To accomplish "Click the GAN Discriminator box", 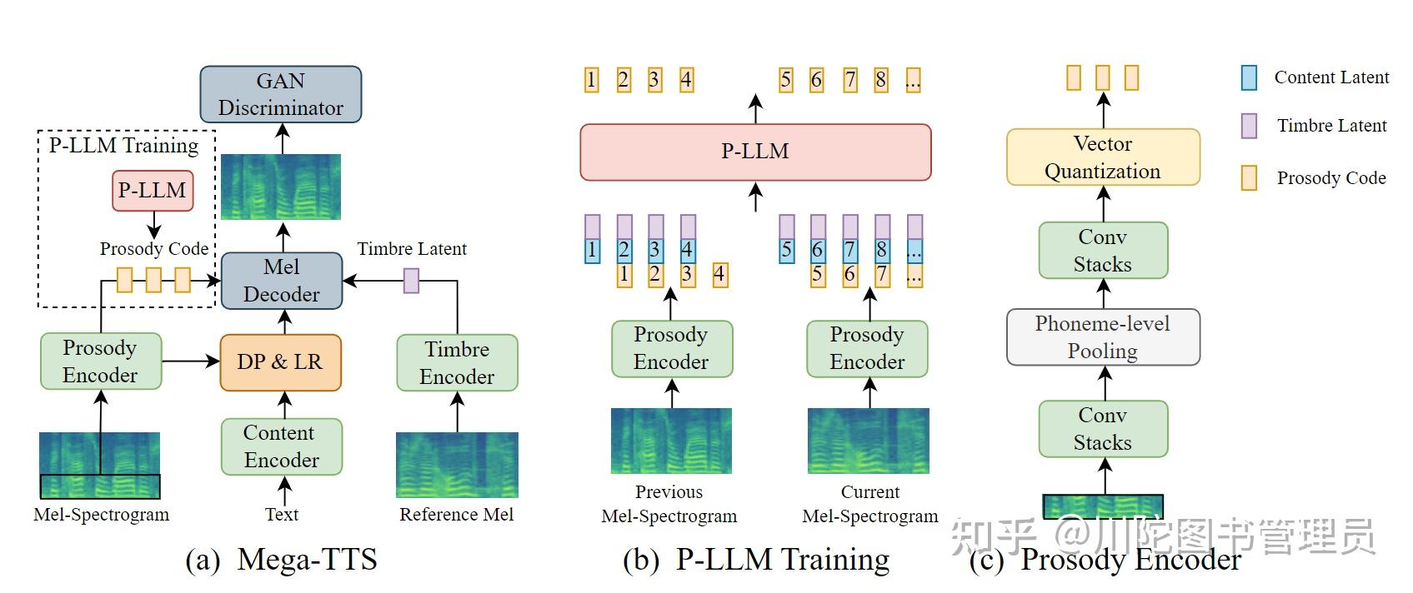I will tap(281, 94).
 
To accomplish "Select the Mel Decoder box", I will tap(282, 281).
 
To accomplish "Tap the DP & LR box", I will tap(280, 362).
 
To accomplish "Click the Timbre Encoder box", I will tap(457, 362).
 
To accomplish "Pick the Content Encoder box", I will tap(282, 446).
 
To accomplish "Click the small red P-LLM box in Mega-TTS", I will tap(153, 191).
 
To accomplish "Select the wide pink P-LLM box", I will tap(755, 152).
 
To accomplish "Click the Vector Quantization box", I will tap(1103, 157).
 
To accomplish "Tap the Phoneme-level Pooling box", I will tap(1103, 337).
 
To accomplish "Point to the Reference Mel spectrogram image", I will tap(457, 465).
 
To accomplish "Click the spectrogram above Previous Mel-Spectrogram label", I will tap(671, 441).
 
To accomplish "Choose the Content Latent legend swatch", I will tap(1249, 77).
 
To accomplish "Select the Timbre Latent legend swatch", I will tap(1249, 126).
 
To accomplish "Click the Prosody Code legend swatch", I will tap(1249, 177).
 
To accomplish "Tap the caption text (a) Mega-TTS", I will tap(281, 559).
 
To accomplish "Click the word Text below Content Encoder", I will tap(282, 515).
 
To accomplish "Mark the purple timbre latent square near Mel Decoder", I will tap(411, 281).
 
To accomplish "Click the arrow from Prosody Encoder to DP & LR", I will tap(190, 361).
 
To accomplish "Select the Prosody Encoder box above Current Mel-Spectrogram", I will tap(867, 348).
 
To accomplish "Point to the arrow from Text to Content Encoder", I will tap(283, 489).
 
